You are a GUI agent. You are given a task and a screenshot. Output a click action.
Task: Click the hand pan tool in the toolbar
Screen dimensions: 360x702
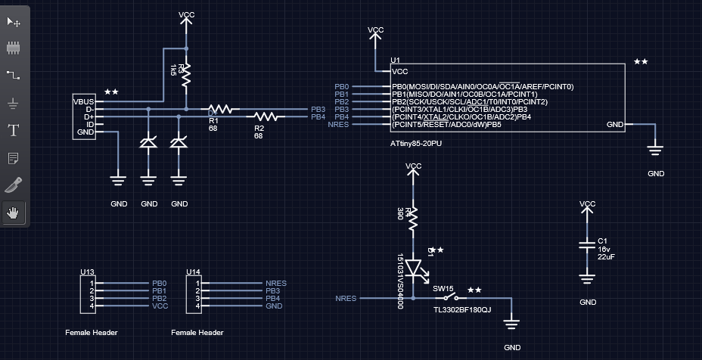point(13,213)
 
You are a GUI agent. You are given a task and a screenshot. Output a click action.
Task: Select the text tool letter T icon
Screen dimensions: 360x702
point(13,130)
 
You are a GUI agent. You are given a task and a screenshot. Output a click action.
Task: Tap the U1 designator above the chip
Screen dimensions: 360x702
point(395,60)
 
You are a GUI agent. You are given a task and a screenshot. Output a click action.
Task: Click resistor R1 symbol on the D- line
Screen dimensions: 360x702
point(223,110)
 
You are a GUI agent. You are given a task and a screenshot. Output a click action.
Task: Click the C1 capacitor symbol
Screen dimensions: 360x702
point(587,245)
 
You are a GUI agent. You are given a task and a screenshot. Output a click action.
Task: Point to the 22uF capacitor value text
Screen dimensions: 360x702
point(606,256)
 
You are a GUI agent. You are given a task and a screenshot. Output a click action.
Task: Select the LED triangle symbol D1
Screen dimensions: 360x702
point(413,268)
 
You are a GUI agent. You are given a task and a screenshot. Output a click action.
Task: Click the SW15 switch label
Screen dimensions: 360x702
point(443,288)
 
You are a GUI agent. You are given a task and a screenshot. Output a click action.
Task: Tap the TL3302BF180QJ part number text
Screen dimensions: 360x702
point(462,310)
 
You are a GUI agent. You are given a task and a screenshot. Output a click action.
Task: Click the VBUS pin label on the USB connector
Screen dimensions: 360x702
point(83,101)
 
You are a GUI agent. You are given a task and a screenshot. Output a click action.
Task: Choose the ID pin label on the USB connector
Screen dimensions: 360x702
point(89,125)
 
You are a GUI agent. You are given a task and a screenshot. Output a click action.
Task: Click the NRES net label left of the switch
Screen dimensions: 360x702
point(346,299)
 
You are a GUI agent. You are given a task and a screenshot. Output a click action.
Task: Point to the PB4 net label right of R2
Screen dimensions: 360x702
point(318,117)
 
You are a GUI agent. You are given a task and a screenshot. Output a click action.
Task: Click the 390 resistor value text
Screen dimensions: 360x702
point(400,214)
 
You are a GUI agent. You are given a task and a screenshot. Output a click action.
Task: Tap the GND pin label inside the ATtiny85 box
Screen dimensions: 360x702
point(615,125)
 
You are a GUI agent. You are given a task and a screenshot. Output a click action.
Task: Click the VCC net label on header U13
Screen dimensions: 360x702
point(159,306)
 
